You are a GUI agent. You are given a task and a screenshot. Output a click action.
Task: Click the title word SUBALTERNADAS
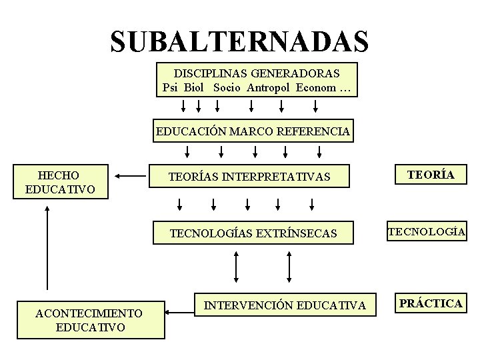239,41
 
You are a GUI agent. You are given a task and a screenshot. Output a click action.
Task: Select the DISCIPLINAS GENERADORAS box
257,80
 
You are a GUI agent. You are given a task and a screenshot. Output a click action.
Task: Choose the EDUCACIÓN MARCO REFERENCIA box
253,131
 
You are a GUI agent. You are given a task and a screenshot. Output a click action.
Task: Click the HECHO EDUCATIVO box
60,182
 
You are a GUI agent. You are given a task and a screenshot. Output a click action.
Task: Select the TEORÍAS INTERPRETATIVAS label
249,177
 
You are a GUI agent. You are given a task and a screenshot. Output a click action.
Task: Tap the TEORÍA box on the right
431,175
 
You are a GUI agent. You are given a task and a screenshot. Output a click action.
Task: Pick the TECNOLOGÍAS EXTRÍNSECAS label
253,233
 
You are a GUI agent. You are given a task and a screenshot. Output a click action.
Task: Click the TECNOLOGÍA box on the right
427,231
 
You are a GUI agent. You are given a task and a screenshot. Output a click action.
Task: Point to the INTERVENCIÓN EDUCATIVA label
285,305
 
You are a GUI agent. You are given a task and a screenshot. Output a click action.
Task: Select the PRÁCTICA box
431,303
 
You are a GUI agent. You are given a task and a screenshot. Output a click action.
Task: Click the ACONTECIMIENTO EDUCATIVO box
90,320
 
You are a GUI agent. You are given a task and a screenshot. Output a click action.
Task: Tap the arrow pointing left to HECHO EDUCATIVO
129,176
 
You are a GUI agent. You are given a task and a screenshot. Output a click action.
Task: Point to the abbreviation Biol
194,88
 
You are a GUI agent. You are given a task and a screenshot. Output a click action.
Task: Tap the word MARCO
250,131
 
